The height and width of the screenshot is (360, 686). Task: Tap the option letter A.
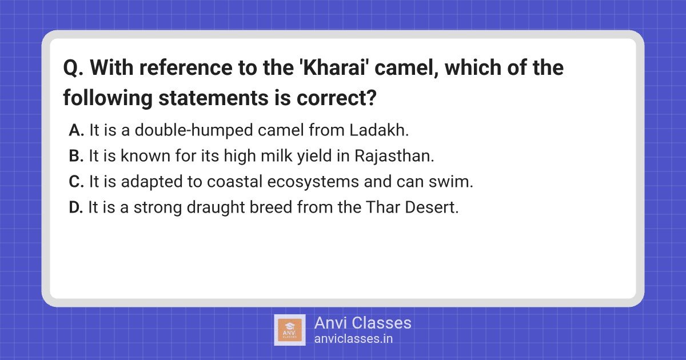coord(76,130)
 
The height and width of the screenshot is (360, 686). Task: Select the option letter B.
coord(76,156)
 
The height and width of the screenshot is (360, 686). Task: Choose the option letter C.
coord(76,182)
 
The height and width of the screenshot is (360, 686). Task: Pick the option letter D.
coord(76,207)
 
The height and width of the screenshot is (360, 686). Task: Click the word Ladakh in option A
coord(379,130)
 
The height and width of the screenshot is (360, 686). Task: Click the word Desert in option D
coord(432,207)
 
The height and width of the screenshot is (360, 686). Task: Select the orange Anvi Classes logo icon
coord(290,330)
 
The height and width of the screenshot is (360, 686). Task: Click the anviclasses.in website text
coord(353,339)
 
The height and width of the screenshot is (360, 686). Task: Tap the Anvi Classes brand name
coord(363,323)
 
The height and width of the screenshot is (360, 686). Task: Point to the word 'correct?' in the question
coord(336,98)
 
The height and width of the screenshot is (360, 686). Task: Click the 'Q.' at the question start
coord(73,68)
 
